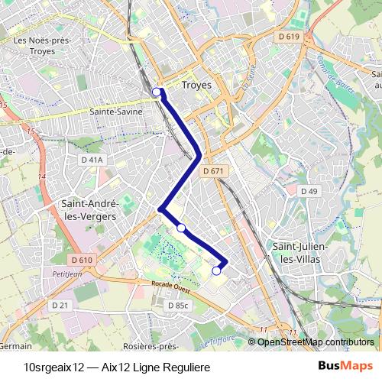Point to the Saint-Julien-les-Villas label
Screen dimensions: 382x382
coord(299,253)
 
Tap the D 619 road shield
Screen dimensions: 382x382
coord(290,36)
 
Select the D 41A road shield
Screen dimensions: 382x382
coord(91,160)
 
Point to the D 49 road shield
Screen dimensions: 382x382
coord(309,190)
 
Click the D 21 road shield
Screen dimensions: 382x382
coord(60,305)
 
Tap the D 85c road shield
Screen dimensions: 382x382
coord(177,305)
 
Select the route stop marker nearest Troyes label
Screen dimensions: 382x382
coord(157,92)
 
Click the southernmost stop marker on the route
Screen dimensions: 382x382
coord(216,270)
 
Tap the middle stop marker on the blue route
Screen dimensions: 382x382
coord(181,228)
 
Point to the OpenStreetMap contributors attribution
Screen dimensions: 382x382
coord(315,342)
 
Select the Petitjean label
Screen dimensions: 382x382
coord(67,272)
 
